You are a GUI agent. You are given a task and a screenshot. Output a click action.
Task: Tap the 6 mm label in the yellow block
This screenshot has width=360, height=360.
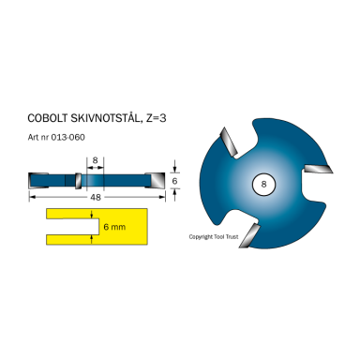[113, 227]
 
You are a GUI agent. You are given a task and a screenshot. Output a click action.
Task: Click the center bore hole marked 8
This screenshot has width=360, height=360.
[263, 186]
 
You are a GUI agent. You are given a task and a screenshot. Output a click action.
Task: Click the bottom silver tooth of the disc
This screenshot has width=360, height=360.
[247, 235]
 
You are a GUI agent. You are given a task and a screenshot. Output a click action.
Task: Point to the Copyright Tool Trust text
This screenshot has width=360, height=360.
[215, 237]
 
